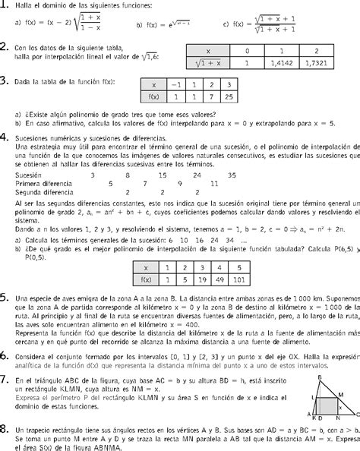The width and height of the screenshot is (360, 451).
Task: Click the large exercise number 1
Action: click(x=5, y=6)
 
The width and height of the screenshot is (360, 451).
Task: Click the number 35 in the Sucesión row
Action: click(x=232, y=174)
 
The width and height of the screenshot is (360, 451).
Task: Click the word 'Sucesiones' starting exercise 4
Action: click(x=33, y=138)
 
